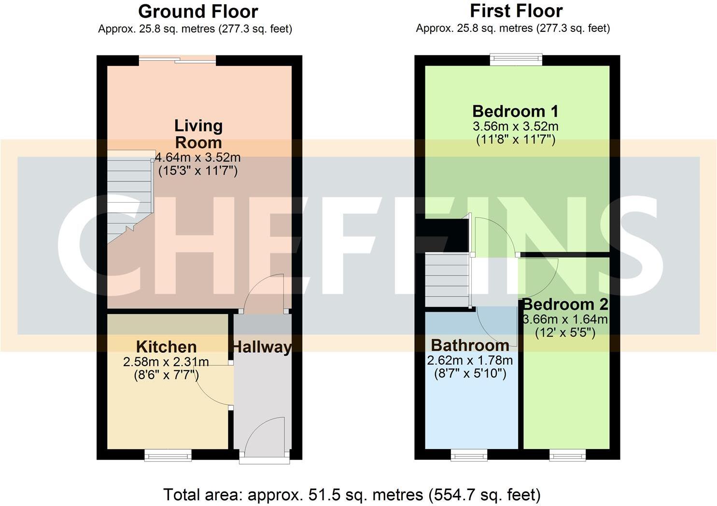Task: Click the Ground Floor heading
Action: pyautogui.click(x=198, y=12)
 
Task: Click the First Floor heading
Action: pyautogui.click(x=516, y=11)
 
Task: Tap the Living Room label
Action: pyautogui.click(x=198, y=134)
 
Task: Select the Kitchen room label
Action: pyautogui.click(x=166, y=346)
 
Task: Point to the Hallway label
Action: pyautogui.click(x=262, y=346)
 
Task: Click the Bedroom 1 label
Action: pyautogui.click(x=515, y=111)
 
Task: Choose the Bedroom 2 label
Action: pyautogui.click(x=565, y=304)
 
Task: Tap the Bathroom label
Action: pyautogui.click(x=470, y=345)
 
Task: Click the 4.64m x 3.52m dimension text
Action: pyautogui.click(x=198, y=157)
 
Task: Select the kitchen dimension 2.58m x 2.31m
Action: pyautogui.click(x=166, y=361)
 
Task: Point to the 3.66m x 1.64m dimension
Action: pyautogui.click(x=565, y=319)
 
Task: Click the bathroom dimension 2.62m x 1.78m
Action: pyautogui.click(x=470, y=360)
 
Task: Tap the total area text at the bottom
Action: pyautogui.click(x=351, y=494)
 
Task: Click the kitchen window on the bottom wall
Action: pyautogui.click(x=168, y=454)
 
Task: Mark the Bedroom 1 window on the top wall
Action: pyautogui.click(x=516, y=60)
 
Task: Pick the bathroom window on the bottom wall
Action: pyautogui.click(x=469, y=454)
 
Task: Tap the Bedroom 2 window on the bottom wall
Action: pyautogui.click(x=567, y=454)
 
